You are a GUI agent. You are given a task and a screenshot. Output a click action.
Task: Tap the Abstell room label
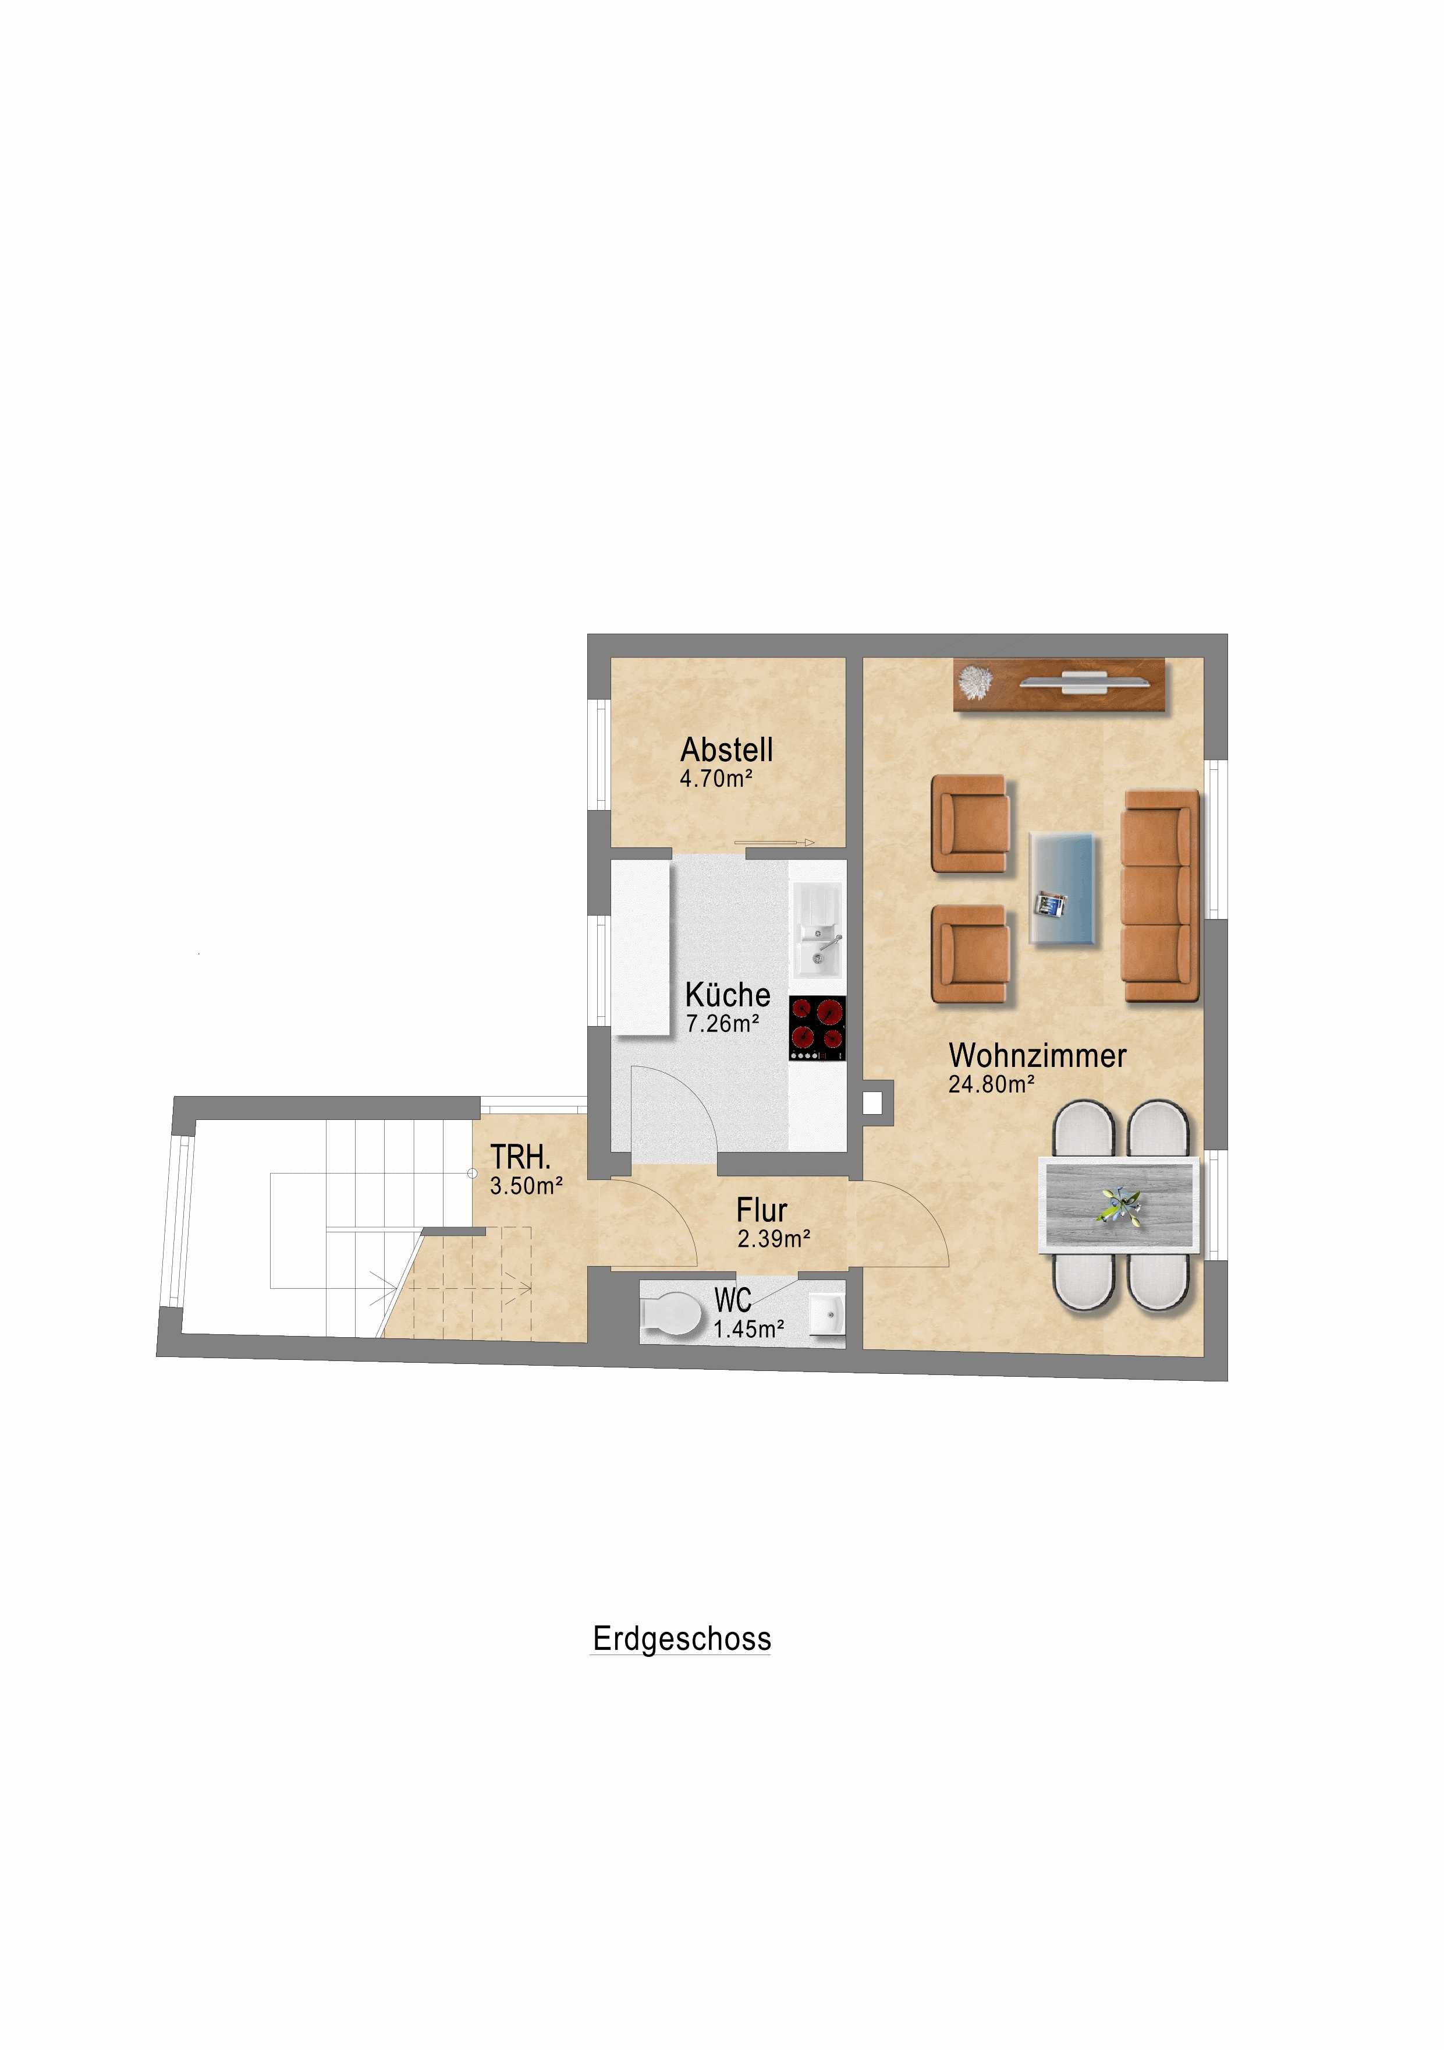click(726, 749)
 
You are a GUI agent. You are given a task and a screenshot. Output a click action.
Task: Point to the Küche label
click(728, 995)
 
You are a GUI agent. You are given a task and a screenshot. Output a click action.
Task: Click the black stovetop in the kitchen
click(817, 1028)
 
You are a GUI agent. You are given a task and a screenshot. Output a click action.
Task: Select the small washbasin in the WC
click(826, 1313)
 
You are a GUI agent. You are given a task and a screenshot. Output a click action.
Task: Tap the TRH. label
click(520, 1157)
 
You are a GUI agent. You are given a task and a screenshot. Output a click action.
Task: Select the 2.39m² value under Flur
click(774, 1238)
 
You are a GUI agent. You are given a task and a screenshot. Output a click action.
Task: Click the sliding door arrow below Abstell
click(774, 842)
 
